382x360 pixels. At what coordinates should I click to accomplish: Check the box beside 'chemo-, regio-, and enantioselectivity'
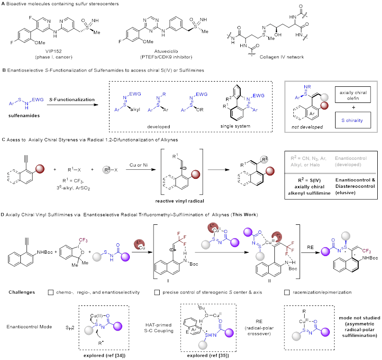pyautogui.click(x=51, y=293)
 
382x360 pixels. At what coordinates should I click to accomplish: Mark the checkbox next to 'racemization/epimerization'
pyautogui.click(x=287, y=293)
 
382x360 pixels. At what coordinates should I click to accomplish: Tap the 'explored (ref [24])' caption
pyautogui.click(x=105, y=355)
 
